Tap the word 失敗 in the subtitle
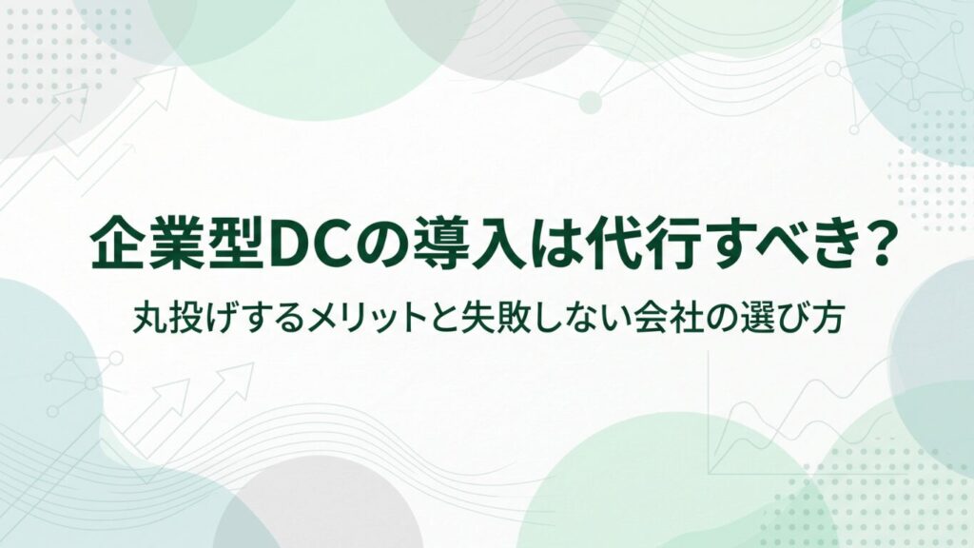click(x=511, y=318)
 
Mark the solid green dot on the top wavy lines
click(x=591, y=103)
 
